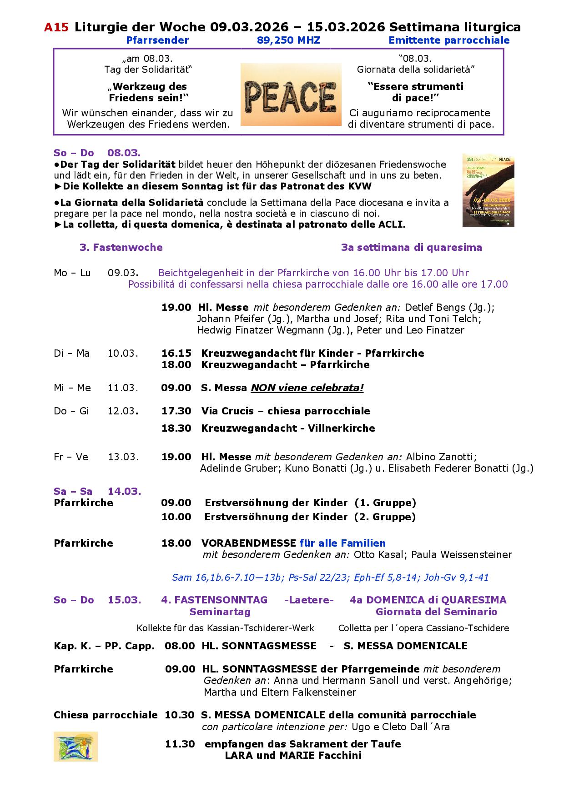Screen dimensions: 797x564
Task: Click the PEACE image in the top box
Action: click(x=291, y=95)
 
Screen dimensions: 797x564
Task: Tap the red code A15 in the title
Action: click(x=56, y=27)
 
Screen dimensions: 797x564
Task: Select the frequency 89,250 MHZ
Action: click(x=288, y=40)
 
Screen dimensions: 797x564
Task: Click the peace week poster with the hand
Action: click(x=488, y=190)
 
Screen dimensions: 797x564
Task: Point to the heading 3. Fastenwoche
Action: click(x=121, y=247)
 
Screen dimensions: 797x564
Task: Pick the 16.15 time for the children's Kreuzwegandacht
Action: click(x=176, y=353)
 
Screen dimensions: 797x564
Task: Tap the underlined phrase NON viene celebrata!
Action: click(x=307, y=388)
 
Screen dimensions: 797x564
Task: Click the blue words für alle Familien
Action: click(x=342, y=543)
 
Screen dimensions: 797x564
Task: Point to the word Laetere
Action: click(x=309, y=600)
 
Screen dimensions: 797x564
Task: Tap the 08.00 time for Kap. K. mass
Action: click(x=180, y=646)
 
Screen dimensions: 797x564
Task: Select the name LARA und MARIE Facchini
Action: click(x=293, y=756)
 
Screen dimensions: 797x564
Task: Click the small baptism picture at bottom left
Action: click(x=76, y=746)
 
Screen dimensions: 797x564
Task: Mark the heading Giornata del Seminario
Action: click(x=436, y=612)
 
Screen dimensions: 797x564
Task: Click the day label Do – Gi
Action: click(x=71, y=411)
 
